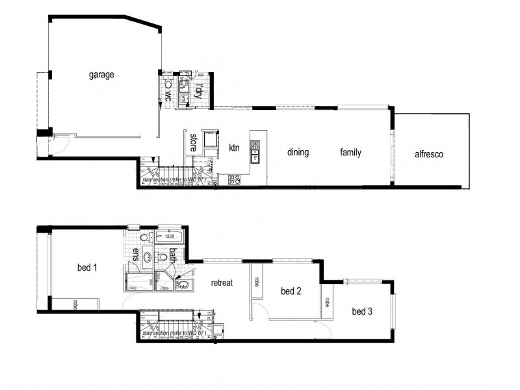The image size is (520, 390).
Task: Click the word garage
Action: pos(101,75)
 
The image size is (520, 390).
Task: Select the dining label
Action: pos(296,153)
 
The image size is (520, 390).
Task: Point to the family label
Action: pos(350,153)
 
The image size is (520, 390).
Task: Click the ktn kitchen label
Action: pos(235,148)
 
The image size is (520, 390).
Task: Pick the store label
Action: pos(193,142)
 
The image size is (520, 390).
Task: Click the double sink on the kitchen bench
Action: pos(255,154)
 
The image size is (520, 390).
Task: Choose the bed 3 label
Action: pos(362,312)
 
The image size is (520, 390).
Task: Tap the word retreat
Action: pos(222,283)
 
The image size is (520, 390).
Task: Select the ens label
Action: pos(136,254)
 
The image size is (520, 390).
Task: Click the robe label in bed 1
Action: pos(75,305)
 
